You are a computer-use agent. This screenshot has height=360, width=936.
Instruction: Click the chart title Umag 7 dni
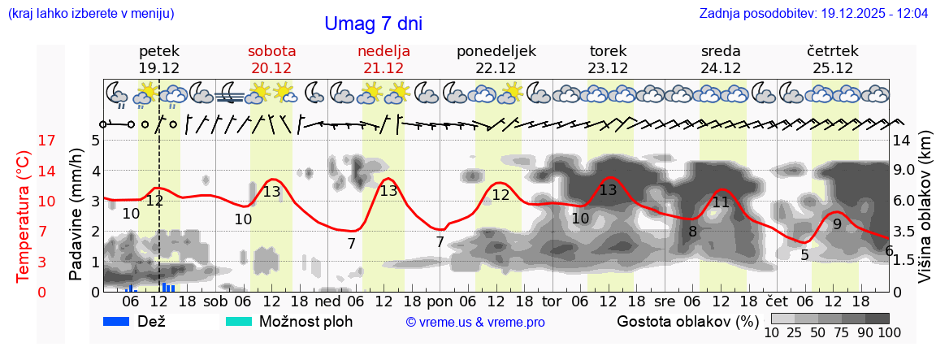tap(373, 24)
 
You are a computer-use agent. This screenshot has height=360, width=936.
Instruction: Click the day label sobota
tap(271, 51)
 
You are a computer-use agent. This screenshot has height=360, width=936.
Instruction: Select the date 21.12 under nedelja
tap(383, 68)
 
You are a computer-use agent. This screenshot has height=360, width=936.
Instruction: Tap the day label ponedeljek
tap(496, 51)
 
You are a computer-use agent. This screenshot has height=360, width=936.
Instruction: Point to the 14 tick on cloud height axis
tap(903, 141)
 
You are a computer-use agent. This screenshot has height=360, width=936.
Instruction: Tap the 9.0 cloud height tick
tap(905, 171)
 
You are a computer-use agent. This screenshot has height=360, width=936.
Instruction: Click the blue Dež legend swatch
tap(118, 321)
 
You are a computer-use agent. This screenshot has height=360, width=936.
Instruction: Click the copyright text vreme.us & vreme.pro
tap(475, 323)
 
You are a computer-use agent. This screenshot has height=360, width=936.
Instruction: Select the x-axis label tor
tap(552, 301)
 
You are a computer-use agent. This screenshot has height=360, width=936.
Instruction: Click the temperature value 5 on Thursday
tap(804, 255)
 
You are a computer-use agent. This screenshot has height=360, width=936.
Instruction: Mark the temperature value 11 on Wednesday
tap(721, 202)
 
